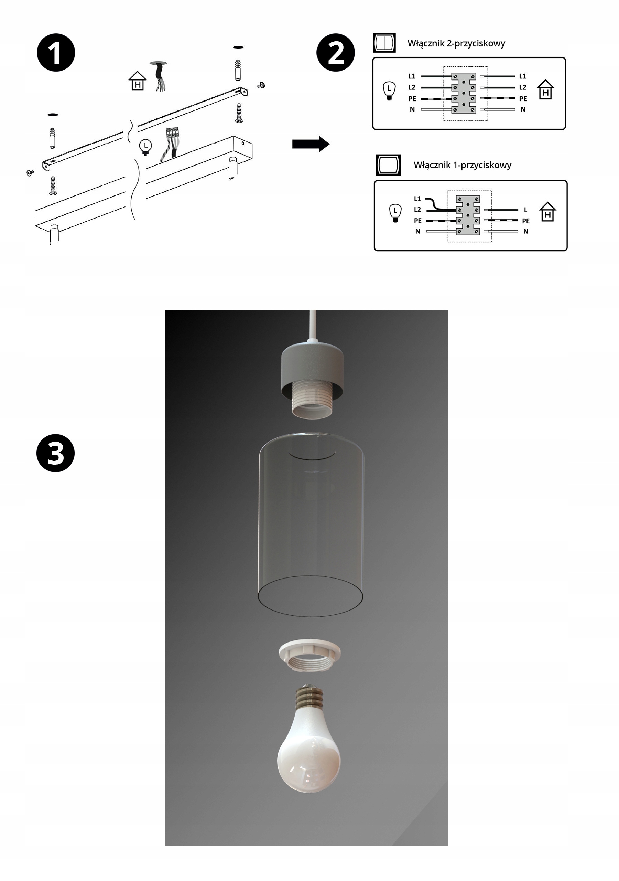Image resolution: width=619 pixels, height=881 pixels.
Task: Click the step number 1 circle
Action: pyautogui.click(x=56, y=53)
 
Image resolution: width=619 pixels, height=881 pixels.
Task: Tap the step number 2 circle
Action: pyautogui.click(x=336, y=53)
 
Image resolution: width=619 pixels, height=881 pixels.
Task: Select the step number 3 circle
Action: pyautogui.click(x=56, y=453)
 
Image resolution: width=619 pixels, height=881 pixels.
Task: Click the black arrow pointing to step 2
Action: pyautogui.click(x=311, y=144)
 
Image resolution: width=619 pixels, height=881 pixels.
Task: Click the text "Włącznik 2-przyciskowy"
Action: pyautogui.click(x=456, y=43)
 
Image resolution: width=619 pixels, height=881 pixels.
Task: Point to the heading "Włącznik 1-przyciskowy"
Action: pyautogui.click(x=462, y=165)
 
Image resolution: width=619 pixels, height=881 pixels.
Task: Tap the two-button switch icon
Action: pyautogui.click(x=384, y=43)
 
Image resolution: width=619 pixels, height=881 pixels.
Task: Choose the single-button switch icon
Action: pyautogui.click(x=388, y=165)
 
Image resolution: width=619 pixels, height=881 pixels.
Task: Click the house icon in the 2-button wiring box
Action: pyautogui.click(x=545, y=89)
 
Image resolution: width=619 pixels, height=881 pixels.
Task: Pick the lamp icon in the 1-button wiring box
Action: pyautogui.click(x=395, y=213)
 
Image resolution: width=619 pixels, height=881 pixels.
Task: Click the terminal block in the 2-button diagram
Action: pyautogui.click(x=464, y=93)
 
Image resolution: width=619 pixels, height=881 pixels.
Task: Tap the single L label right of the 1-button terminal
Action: pyautogui.click(x=525, y=210)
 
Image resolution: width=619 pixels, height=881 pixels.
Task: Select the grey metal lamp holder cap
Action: pyautogui.click(x=312, y=364)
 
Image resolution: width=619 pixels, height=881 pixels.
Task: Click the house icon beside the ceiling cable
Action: pyautogui.click(x=137, y=81)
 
